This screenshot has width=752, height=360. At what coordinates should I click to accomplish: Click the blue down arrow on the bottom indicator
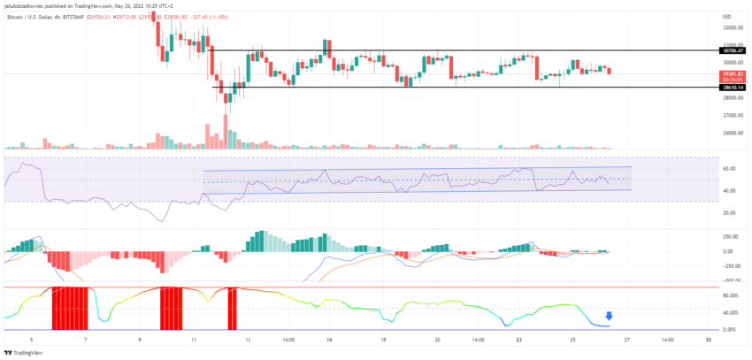(x=608, y=316)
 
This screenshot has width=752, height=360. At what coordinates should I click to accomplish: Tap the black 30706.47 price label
(x=733, y=51)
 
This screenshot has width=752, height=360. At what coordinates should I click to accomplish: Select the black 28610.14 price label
(x=733, y=87)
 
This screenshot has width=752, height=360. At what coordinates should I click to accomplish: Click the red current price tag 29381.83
(x=733, y=73)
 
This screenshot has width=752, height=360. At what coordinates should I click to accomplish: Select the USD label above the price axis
(x=726, y=17)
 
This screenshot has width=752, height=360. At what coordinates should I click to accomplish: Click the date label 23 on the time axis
(x=520, y=340)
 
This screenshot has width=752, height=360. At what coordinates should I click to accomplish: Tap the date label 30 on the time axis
(x=708, y=340)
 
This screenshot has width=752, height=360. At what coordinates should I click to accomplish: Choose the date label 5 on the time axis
(x=31, y=340)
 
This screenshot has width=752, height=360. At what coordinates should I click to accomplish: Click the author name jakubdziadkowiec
(x=27, y=5)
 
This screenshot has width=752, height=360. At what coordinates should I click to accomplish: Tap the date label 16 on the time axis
(x=327, y=340)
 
